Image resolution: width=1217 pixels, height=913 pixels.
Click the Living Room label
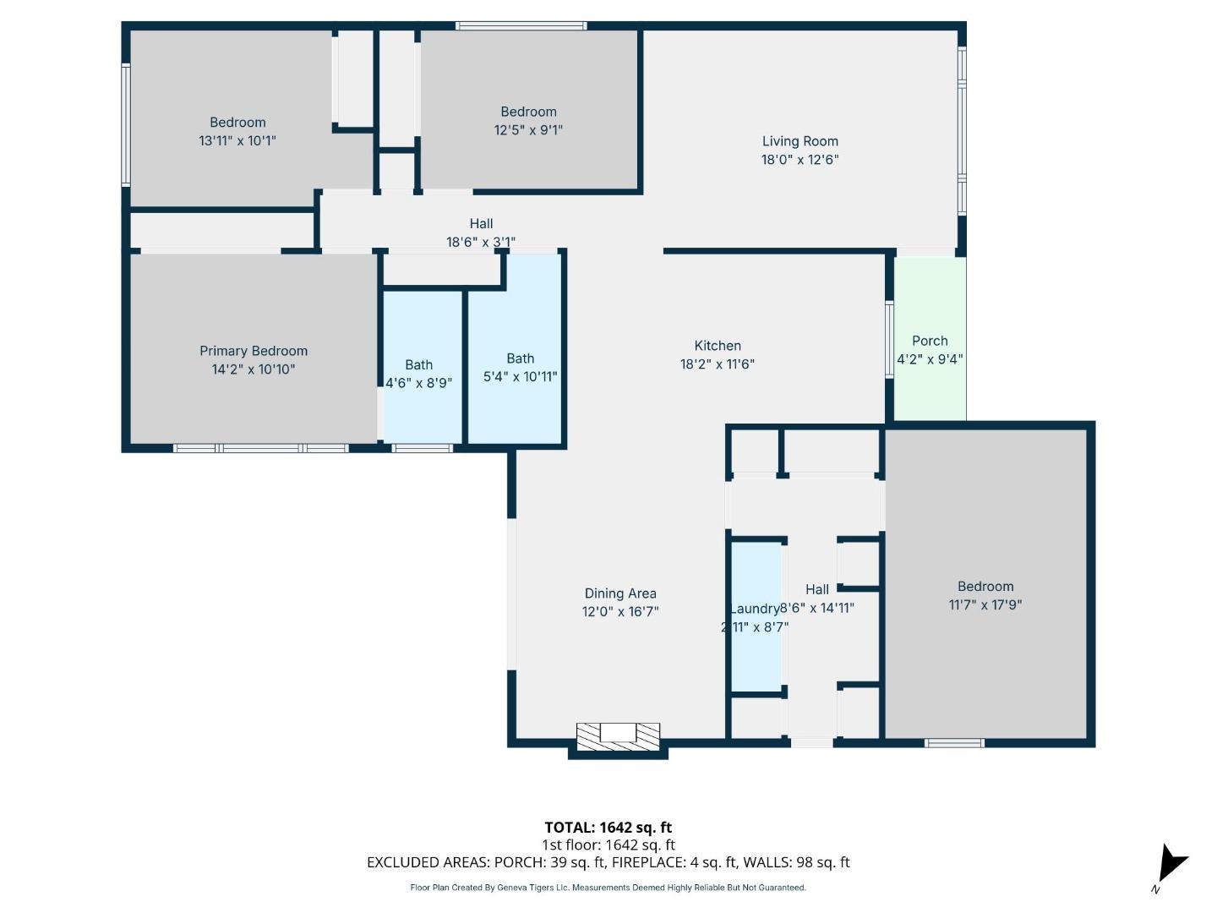click(800, 141)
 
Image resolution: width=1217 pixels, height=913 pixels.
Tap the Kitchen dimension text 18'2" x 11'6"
click(717, 364)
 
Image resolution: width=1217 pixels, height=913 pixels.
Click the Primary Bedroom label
click(254, 351)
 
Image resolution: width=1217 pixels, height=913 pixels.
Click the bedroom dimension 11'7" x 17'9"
click(985, 604)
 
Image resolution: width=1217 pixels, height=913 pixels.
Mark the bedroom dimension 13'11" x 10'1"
click(237, 141)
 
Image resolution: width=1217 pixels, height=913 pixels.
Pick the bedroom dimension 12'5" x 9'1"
click(528, 130)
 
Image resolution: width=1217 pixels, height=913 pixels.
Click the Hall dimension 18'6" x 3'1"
click(481, 242)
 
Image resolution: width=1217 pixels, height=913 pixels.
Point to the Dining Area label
click(620, 593)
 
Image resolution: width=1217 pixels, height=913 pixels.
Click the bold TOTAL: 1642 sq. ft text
click(608, 828)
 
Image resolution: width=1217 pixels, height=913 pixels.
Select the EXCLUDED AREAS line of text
click(608, 862)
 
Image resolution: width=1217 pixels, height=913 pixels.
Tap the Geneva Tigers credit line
click(608, 888)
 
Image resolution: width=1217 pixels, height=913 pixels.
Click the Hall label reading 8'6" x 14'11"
click(816, 608)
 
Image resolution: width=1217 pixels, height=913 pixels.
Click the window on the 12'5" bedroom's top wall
click(521, 26)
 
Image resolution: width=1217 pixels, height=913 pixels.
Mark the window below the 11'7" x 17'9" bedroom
click(954, 743)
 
